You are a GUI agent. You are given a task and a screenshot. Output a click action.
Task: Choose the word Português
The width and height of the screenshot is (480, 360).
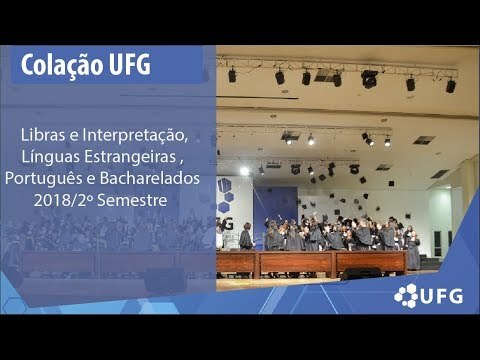(44, 179)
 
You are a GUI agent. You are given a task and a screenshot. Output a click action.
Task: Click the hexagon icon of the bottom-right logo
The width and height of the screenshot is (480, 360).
(406, 295)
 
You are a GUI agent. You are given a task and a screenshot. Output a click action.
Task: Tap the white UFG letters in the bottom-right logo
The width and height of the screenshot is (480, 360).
(442, 296)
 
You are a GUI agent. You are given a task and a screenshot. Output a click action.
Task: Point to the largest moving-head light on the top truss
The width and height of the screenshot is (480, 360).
(369, 79)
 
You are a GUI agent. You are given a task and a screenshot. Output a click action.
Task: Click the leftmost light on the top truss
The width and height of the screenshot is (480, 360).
(232, 75)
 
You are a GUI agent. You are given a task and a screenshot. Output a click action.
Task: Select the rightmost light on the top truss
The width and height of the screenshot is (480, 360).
(451, 85)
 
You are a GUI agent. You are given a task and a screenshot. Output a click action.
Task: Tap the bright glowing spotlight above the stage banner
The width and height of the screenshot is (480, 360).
(244, 171)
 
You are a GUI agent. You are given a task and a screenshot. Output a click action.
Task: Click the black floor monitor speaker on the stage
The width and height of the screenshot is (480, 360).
(361, 273)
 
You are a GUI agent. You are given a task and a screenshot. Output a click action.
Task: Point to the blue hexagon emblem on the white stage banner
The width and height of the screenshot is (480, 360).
(225, 195)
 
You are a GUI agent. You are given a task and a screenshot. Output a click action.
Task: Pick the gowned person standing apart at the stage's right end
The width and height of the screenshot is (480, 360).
(413, 252)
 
